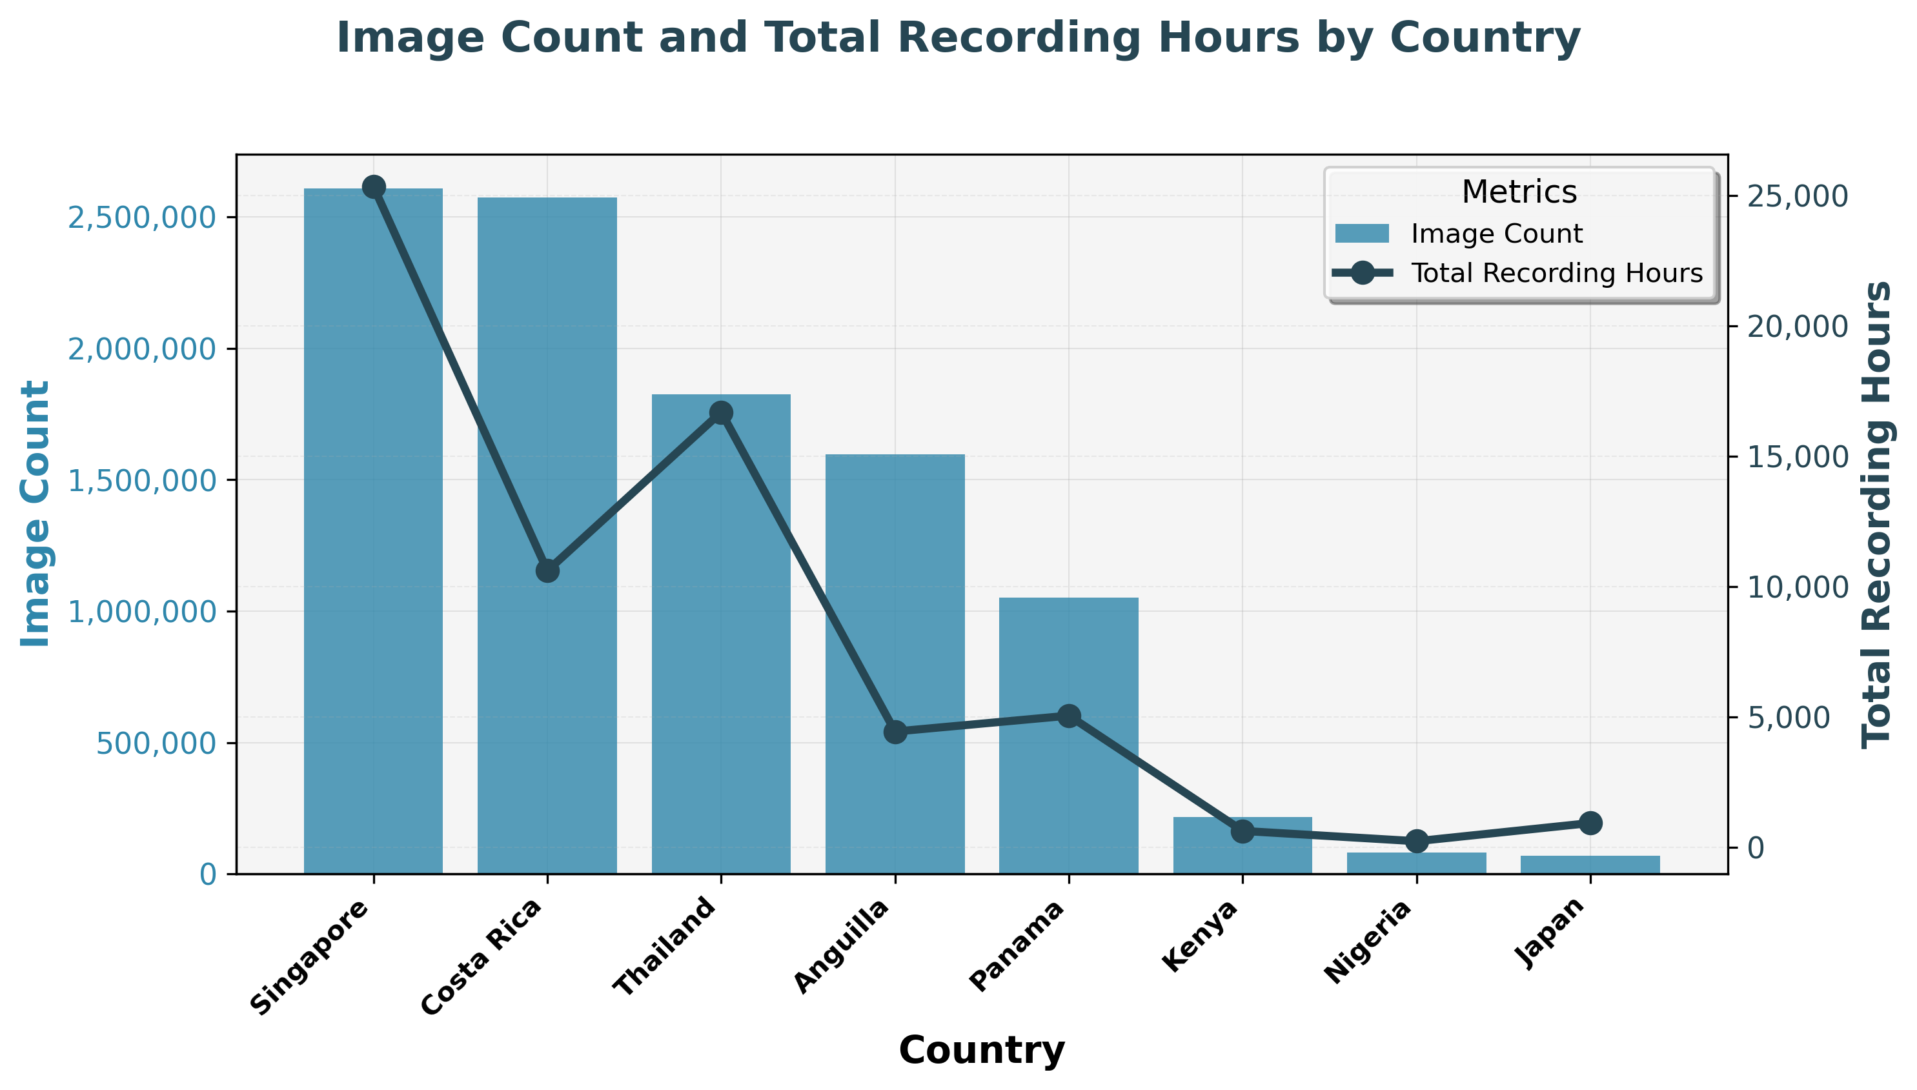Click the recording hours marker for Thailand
coord(721,412)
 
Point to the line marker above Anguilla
coord(895,732)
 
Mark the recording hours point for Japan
coord(1590,823)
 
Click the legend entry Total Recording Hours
coord(1556,272)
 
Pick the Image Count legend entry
coord(1496,234)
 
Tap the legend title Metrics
coord(1519,192)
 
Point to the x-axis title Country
coord(981,1049)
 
